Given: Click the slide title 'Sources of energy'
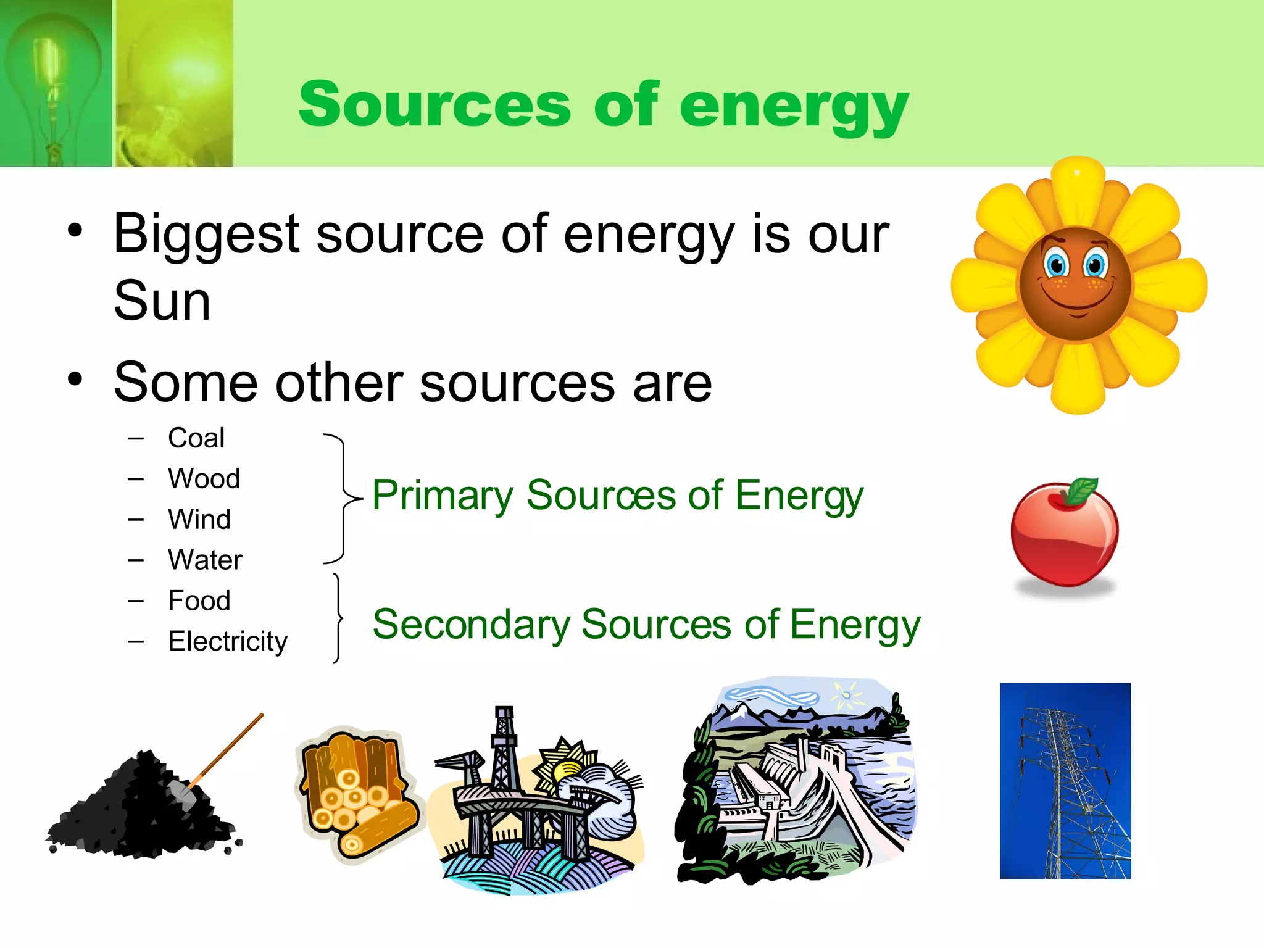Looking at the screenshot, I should (x=603, y=105).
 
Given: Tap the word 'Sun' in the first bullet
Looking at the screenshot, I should (x=162, y=301).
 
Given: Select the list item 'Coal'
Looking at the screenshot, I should (x=196, y=438).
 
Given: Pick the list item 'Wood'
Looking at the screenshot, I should (x=204, y=479).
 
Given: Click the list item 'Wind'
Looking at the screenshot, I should (x=199, y=519).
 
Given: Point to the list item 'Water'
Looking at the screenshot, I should (x=205, y=560).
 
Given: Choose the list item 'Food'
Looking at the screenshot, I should (x=199, y=601).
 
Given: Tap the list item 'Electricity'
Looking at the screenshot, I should (x=228, y=641).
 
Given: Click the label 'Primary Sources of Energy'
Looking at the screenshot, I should (x=617, y=496).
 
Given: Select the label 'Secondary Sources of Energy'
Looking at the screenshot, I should (x=646, y=625).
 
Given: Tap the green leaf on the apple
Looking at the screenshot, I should (x=1082, y=491).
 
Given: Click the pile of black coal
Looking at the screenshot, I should (x=139, y=809).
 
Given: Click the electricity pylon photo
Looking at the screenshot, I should (x=1065, y=780).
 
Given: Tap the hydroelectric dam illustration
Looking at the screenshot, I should (x=796, y=784).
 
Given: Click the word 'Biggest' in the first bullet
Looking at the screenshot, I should (x=207, y=235).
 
